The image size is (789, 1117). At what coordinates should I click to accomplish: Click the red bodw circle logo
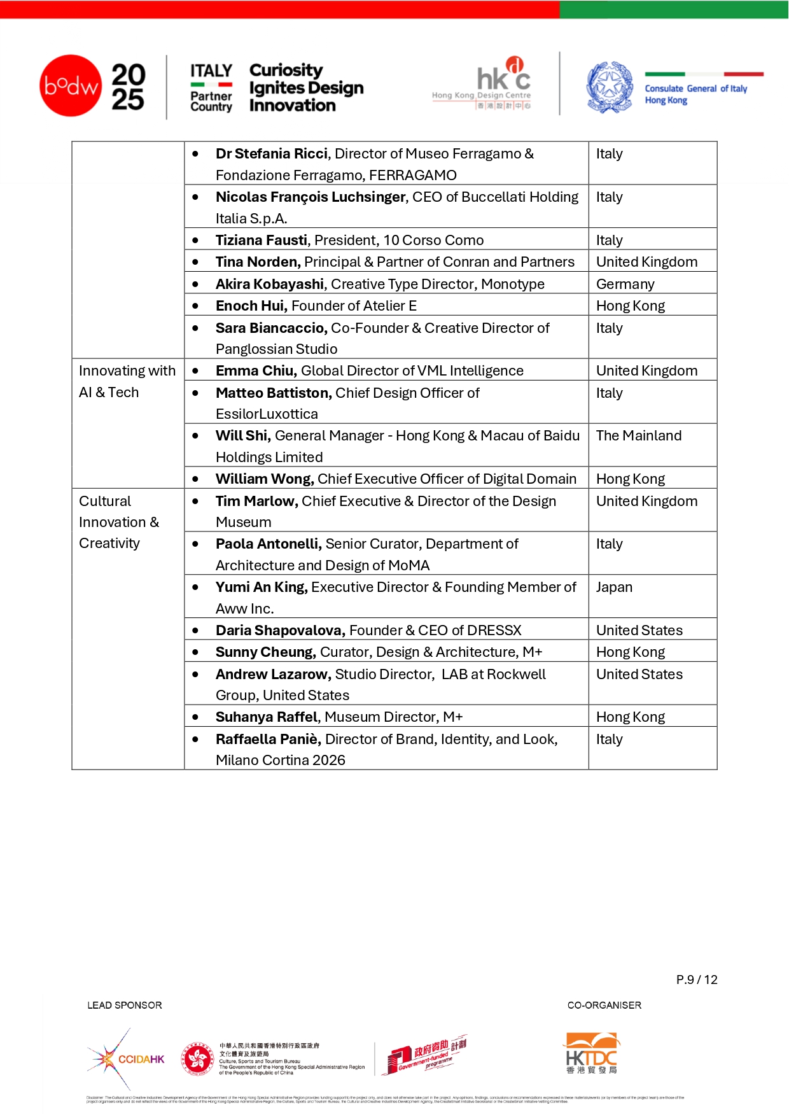[x=71, y=85]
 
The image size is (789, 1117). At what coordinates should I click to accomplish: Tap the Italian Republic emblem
[x=609, y=87]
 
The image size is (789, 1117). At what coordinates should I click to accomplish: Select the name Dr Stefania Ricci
[x=272, y=154]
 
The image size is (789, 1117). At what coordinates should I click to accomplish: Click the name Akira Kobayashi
[x=270, y=285]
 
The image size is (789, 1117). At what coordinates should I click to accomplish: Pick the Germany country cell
[x=625, y=285]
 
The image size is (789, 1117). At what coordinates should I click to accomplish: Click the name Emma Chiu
[x=256, y=371]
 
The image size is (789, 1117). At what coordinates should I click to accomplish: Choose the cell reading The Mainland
[x=638, y=436]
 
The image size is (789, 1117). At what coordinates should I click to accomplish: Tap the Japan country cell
[x=614, y=587]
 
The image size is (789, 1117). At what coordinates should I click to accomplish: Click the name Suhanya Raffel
[x=267, y=717]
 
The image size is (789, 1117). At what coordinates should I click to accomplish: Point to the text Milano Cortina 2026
[x=281, y=761]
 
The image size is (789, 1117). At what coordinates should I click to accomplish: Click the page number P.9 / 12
[x=697, y=980]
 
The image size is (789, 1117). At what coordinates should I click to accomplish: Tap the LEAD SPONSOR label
[x=125, y=1006]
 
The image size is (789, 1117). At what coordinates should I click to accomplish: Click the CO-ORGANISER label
[x=604, y=1006]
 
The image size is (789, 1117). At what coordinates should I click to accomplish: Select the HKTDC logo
[x=592, y=1053]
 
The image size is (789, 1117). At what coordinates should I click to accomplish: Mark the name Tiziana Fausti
[x=262, y=241]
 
